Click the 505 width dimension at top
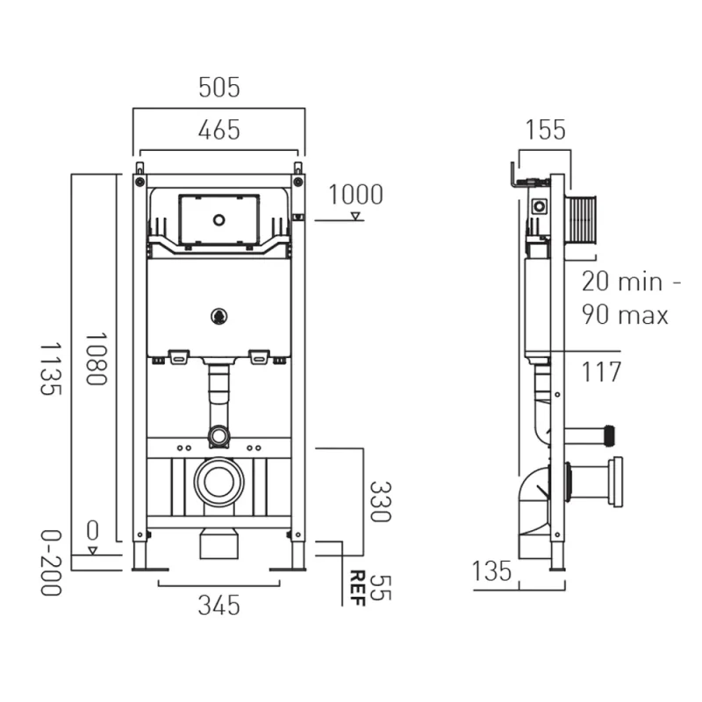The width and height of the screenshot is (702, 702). [x=218, y=88]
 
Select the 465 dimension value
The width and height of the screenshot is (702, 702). [x=218, y=130]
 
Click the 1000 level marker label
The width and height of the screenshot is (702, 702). [x=355, y=195]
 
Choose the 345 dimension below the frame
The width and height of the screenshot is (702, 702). [x=218, y=605]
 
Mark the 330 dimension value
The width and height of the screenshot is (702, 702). [x=378, y=501]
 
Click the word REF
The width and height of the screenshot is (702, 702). [x=358, y=587]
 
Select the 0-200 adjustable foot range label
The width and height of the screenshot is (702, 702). [x=52, y=562]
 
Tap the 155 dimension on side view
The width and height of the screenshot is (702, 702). [x=545, y=130]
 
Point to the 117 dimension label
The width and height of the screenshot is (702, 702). [x=601, y=371]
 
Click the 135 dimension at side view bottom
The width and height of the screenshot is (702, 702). [x=491, y=571]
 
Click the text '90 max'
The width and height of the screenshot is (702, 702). [x=625, y=314]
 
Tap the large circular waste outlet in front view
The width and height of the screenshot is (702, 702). [x=218, y=482]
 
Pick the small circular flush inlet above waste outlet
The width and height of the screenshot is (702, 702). [x=218, y=435]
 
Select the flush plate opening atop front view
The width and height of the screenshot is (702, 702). [x=218, y=219]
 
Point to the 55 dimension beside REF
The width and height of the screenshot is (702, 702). [x=378, y=587]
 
